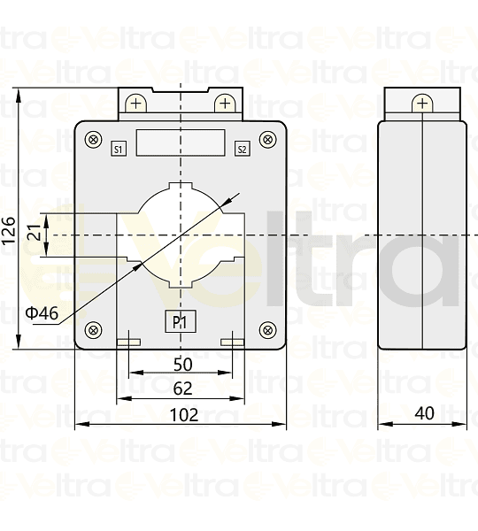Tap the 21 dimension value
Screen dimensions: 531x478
pyautogui.click(x=33, y=233)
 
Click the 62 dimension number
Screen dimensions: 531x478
pyautogui.click(x=182, y=388)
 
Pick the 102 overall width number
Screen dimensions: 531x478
pyautogui.click(x=182, y=413)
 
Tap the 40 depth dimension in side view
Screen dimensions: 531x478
pyautogui.click(x=423, y=413)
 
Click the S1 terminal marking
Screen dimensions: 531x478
pyautogui.click(x=119, y=149)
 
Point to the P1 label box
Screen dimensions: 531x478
pyautogui.click(x=180, y=322)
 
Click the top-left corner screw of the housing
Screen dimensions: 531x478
pyautogui.click(x=93, y=138)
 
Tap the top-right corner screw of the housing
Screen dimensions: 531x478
pyautogui.click(x=267, y=138)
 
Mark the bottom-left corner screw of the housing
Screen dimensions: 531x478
pyautogui.click(x=93, y=330)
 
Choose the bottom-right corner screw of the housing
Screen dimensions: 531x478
pyautogui.click(x=267, y=330)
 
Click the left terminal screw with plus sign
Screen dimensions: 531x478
pyautogui.click(x=135, y=104)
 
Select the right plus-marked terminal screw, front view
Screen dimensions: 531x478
pyautogui.click(x=225, y=104)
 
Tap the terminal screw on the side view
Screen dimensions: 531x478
pyautogui.click(x=422, y=104)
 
